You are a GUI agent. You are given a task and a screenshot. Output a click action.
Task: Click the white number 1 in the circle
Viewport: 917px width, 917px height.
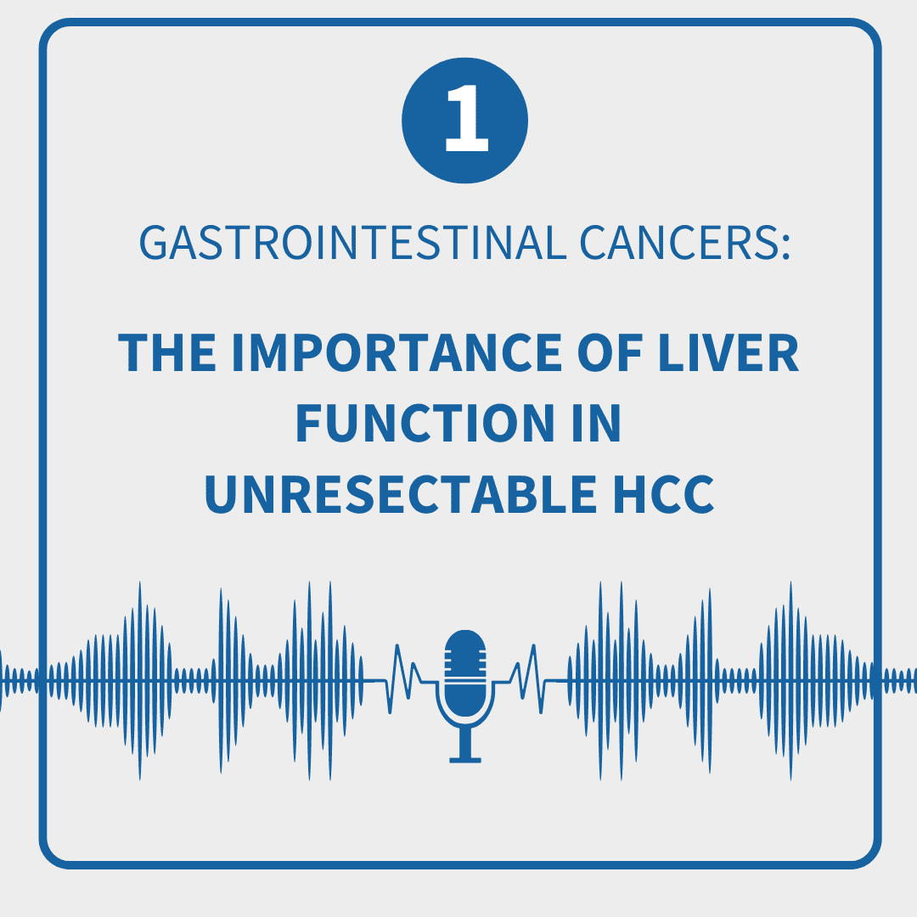466,119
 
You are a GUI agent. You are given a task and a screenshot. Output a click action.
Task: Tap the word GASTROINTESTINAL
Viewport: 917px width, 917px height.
352,243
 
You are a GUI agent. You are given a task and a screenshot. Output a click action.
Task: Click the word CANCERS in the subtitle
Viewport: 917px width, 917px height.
678,243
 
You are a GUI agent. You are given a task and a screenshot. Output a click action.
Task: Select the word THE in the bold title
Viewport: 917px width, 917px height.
167,352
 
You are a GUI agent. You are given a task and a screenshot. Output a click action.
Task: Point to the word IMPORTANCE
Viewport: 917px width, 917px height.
397,352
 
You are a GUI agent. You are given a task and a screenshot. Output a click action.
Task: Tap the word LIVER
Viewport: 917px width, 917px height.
729,352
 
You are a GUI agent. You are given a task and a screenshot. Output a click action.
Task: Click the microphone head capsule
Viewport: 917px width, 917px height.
465,672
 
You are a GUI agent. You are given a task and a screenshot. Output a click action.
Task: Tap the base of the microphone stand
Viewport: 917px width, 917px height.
465,760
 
